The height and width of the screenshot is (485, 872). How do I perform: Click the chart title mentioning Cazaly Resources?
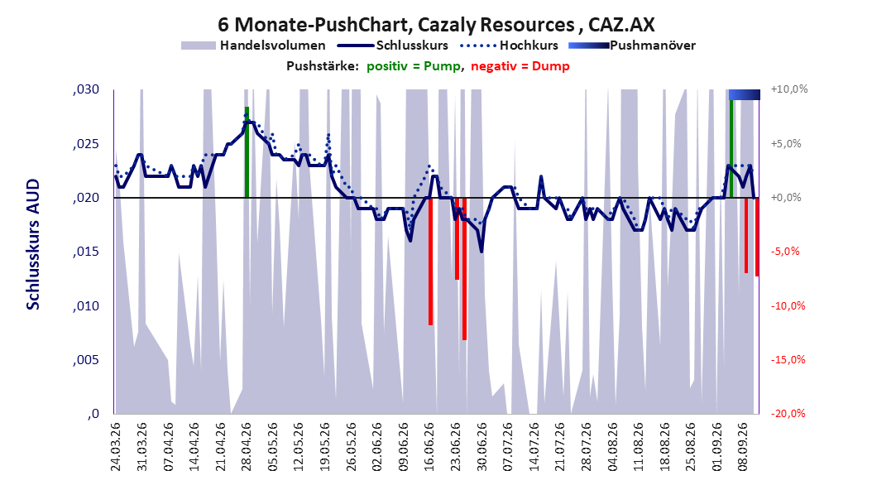pyautogui.click(x=436, y=25)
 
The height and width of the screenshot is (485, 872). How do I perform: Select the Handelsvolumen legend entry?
pyautogui.click(x=254, y=46)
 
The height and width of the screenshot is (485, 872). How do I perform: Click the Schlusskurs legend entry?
pyautogui.click(x=393, y=46)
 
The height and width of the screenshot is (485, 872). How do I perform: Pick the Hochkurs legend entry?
pyautogui.click(x=510, y=46)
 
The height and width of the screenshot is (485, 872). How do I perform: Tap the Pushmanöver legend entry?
pyautogui.click(x=632, y=46)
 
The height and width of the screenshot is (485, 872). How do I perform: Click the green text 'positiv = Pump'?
pyautogui.click(x=414, y=66)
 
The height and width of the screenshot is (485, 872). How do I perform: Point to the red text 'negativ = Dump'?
pyautogui.click(x=520, y=66)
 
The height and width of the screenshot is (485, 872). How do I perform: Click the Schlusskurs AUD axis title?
pyautogui.click(x=33, y=244)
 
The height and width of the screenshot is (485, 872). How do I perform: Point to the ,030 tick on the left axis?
pyautogui.click(x=86, y=90)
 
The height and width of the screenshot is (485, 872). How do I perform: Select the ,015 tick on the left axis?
pyautogui.click(x=86, y=252)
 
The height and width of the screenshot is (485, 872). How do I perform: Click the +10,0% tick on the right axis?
pyautogui.click(x=789, y=89)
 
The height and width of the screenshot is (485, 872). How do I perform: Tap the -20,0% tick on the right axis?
pyautogui.click(x=788, y=413)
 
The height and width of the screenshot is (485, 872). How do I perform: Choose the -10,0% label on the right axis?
pyautogui.click(x=788, y=306)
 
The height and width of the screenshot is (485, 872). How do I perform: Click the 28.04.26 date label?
pyautogui.click(x=247, y=447)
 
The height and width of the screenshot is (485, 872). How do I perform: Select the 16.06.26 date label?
pyautogui.click(x=429, y=447)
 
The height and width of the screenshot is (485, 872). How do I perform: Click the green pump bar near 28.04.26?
pyautogui.click(x=247, y=151)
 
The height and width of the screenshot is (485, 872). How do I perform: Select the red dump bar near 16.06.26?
pyautogui.click(x=430, y=262)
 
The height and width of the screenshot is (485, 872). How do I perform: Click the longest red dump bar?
pyautogui.click(x=464, y=269)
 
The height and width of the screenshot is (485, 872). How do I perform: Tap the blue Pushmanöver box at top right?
pyautogui.click(x=744, y=95)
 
